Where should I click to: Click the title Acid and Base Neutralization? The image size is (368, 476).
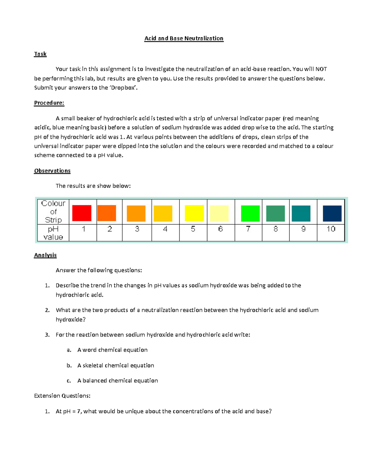point(184,38)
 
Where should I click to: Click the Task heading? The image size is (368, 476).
point(40,54)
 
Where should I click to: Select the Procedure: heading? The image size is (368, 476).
point(49,103)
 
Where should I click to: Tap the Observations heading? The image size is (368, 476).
point(52,171)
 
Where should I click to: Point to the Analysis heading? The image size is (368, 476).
point(45,255)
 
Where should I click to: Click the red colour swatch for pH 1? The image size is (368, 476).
point(82,213)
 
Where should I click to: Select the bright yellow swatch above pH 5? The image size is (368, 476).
point(194,213)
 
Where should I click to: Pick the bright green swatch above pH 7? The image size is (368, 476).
point(250,213)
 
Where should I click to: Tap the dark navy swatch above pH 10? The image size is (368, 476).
point(332,213)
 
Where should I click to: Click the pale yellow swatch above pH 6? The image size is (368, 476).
point(219,213)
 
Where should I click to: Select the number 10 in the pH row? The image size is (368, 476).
point(331,229)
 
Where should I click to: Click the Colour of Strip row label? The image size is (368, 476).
point(53,211)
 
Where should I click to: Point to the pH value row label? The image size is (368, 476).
point(53,233)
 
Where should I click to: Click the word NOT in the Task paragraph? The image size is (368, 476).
point(321,69)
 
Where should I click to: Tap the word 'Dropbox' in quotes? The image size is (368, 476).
point(123,88)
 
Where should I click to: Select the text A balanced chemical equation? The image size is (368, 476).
point(117,381)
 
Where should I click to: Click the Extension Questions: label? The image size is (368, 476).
point(62,396)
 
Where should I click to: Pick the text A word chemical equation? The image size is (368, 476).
point(112,350)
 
